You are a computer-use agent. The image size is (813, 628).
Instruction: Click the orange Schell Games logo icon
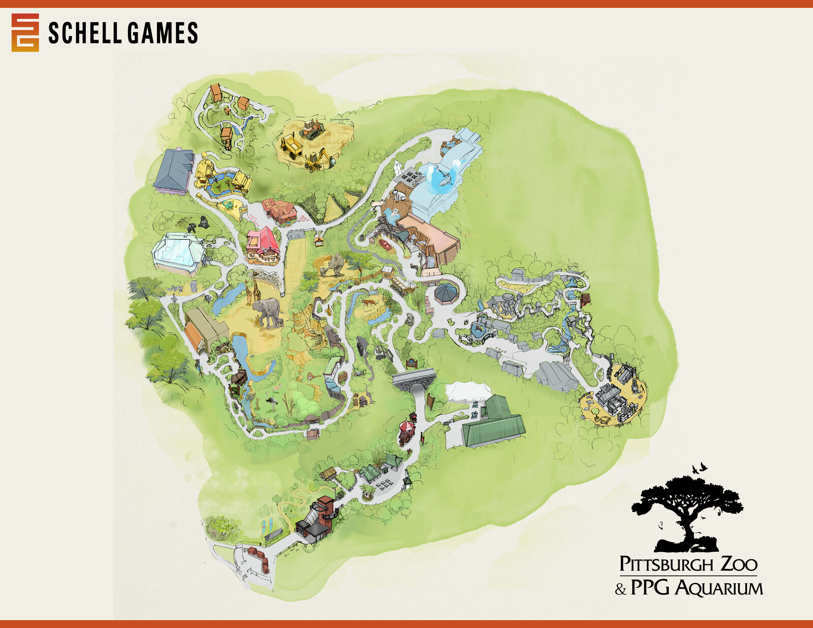[x=25, y=33]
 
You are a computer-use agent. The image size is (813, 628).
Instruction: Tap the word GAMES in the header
[x=162, y=34]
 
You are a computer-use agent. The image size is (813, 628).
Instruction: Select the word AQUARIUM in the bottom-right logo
[x=719, y=588]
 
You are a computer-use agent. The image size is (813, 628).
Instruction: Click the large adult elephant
[x=266, y=311]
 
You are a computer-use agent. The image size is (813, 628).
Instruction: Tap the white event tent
[x=468, y=392]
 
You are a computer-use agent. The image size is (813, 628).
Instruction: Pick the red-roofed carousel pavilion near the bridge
[x=407, y=431]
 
